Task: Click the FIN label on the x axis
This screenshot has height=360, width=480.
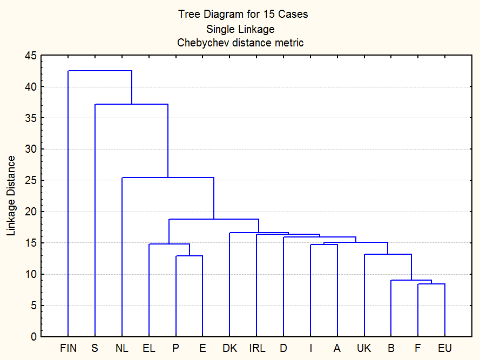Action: (x=68, y=348)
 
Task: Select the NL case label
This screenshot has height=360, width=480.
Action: (x=122, y=348)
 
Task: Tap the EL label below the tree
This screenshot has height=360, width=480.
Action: (x=149, y=348)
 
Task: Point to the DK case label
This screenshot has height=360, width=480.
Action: (x=229, y=348)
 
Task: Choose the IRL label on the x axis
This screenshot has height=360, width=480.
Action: (x=256, y=348)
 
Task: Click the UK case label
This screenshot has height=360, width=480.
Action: (x=364, y=348)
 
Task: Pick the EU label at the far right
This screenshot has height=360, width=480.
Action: (x=445, y=348)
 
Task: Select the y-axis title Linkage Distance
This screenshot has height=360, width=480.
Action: (x=11, y=195)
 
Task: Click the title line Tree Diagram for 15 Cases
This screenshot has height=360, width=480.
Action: (x=243, y=15)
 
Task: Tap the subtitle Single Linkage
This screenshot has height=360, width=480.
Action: (x=240, y=29)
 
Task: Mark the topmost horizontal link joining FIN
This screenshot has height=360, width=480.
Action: (x=100, y=71)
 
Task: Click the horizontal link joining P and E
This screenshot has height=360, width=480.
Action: (x=189, y=256)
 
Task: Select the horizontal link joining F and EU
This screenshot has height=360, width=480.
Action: (x=431, y=284)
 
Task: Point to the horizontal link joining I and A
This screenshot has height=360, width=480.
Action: (x=324, y=244)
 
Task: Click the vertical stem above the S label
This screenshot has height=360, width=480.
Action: (x=95, y=216)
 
